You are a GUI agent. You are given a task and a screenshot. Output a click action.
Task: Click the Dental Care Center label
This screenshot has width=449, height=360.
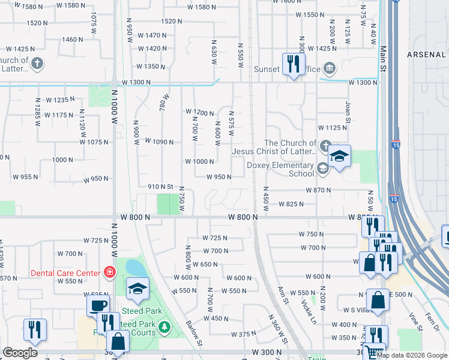coord(66,273)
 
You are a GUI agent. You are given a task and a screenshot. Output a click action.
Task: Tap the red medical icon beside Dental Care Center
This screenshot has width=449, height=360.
coord(109,273)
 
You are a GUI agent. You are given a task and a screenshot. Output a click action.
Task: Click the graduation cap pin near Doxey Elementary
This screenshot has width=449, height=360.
coord(339,157)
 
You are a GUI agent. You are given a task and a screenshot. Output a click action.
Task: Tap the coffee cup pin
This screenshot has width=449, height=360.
coord(98,304)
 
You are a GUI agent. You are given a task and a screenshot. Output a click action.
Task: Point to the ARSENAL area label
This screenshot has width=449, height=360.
coord(427,55)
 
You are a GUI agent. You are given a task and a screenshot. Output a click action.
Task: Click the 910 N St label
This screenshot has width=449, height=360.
coord(160,187)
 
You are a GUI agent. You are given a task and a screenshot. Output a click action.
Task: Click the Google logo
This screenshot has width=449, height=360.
coord(20,353)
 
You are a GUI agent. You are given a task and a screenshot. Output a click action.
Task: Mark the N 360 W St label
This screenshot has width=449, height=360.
coord(278,329)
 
